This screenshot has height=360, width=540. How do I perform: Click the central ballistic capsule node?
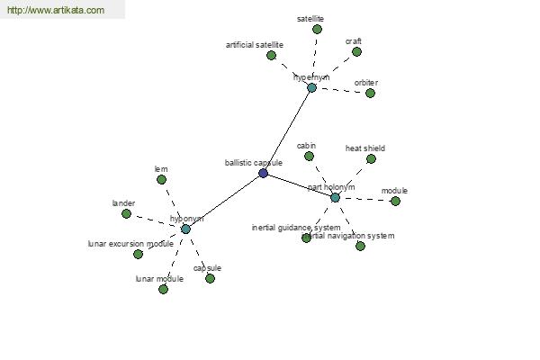click(x=263, y=173)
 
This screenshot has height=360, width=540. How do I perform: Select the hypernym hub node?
click(x=311, y=87)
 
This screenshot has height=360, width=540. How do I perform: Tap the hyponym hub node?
click(x=185, y=229)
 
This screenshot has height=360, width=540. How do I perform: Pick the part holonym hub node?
click(x=335, y=197)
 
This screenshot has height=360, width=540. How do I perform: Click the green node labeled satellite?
click(x=317, y=29)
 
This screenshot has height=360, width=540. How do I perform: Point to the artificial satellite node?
click(x=271, y=55)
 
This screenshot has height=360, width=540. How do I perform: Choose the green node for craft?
click(x=356, y=51)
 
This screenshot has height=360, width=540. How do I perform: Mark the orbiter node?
click(x=370, y=93)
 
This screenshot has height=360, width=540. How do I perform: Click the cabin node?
click(x=309, y=156)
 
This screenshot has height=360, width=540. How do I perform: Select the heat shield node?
click(x=371, y=158)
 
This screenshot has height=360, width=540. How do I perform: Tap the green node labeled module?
click(x=395, y=201)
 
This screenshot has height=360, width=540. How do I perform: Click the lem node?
click(x=161, y=179)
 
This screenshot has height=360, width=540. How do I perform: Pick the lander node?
click(x=126, y=213)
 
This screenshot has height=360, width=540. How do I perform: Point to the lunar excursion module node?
click(x=138, y=254)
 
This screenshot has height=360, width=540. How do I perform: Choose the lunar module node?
click(x=163, y=289)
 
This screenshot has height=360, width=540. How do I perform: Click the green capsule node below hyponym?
click(x=210, y=278)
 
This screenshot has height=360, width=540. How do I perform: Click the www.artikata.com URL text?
click(x=55, y=11)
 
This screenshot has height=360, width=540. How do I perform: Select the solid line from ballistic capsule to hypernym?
click(x=287, y=130)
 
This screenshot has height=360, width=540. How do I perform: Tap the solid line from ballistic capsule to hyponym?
click(x=224, y=201)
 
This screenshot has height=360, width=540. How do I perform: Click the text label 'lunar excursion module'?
click(x=130, y=244)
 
